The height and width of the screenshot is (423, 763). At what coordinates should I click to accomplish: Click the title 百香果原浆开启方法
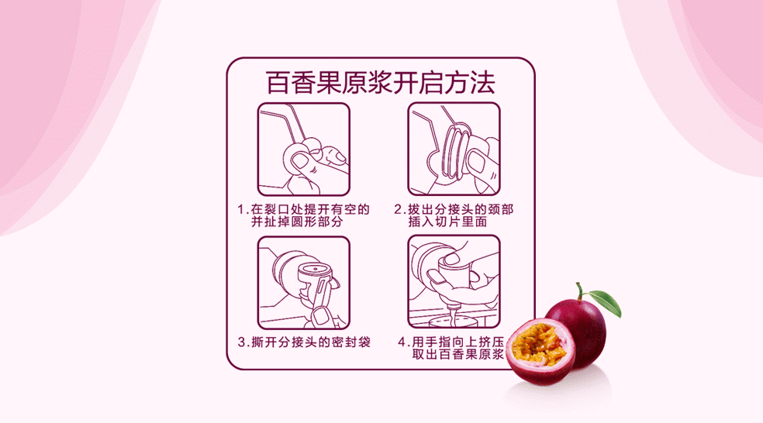tap(380, 83)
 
